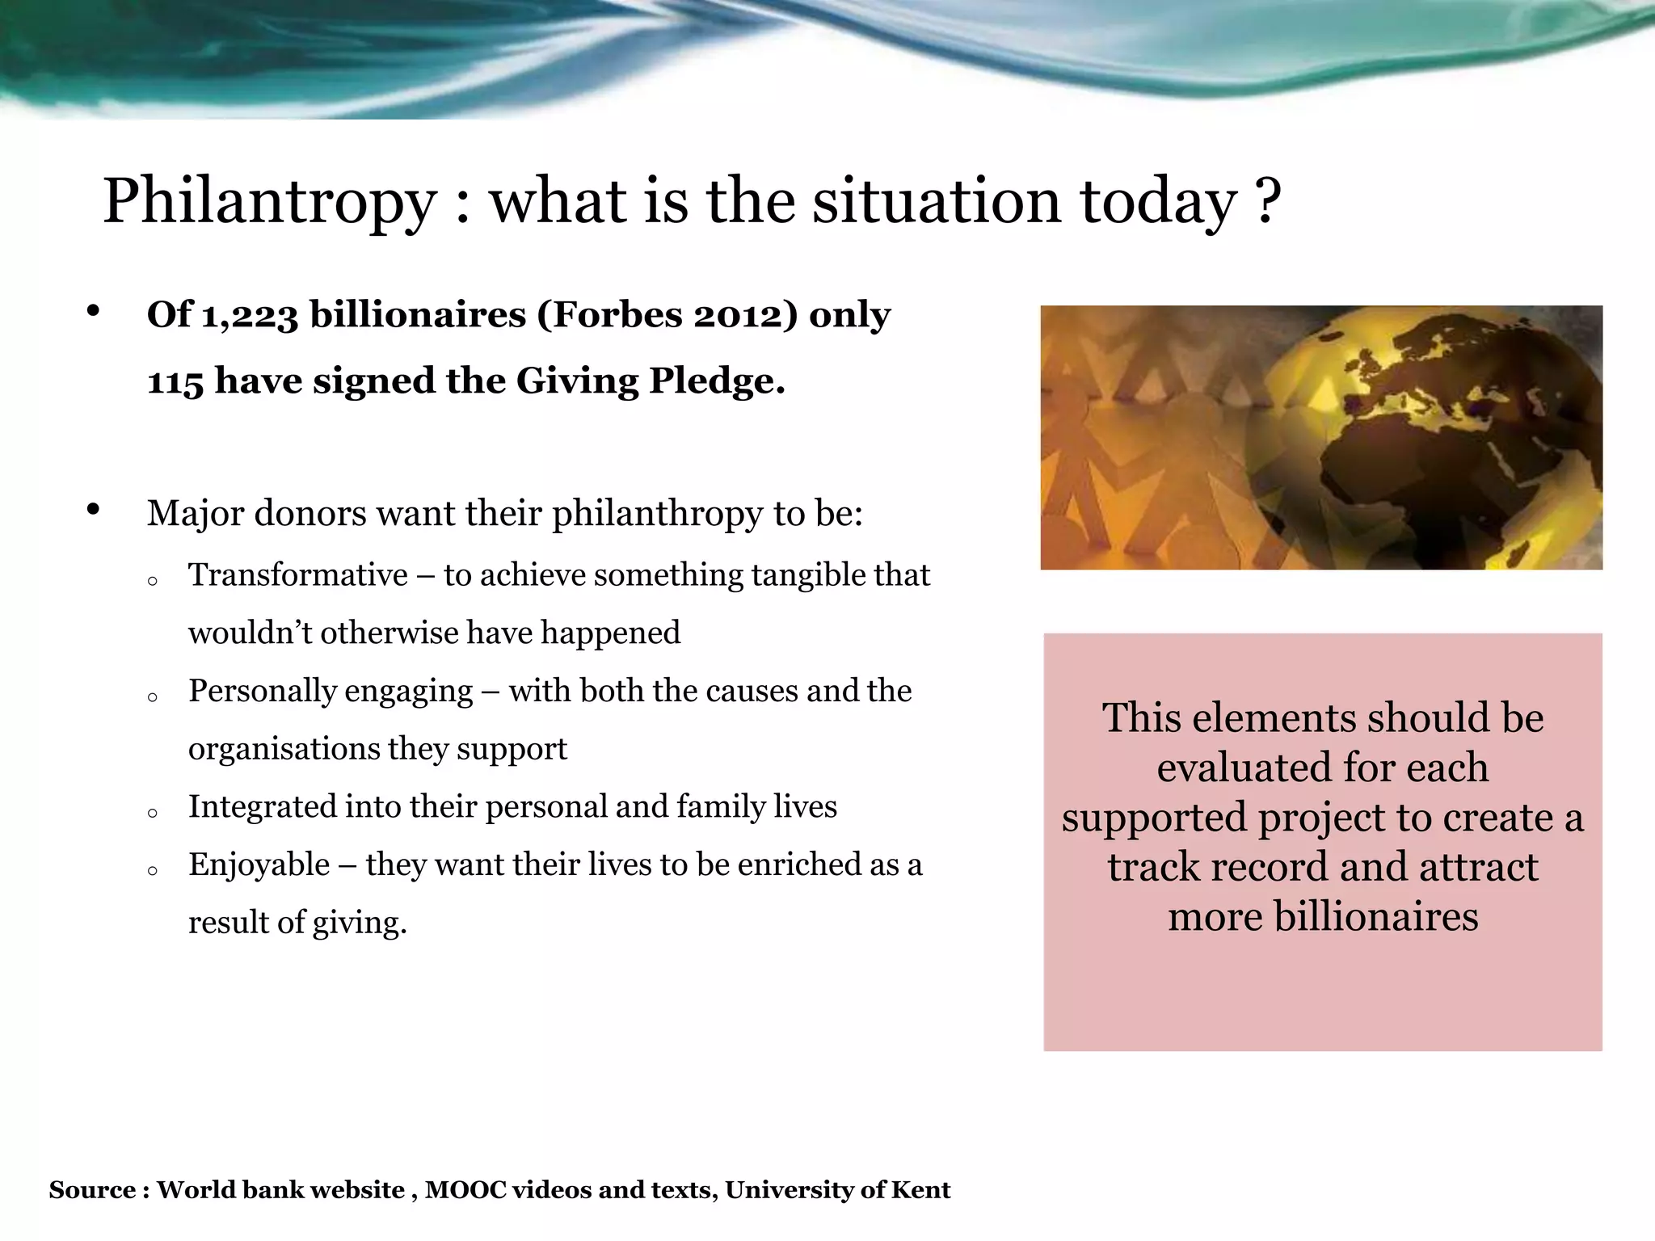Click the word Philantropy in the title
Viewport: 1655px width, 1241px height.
point(270,202)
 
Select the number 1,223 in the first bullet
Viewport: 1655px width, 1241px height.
point(249,315)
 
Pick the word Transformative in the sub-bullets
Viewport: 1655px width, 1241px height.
point(298,575)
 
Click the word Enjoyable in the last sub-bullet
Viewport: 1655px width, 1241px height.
point(259,864)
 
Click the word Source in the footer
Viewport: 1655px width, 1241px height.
point(91,1190)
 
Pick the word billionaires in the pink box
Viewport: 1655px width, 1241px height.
point(1375,916)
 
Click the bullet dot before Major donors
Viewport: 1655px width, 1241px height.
point(93,509)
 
